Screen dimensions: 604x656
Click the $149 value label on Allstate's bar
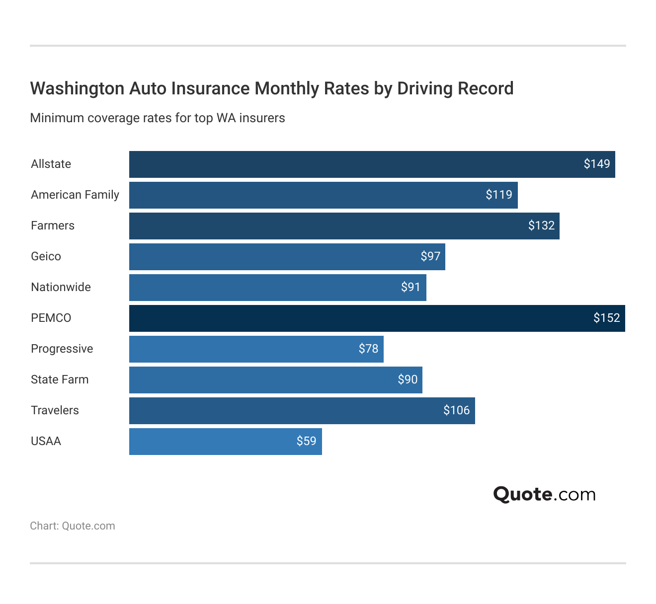point(596,164)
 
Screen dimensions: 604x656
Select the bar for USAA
point(225,442)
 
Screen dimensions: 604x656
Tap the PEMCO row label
point(51,318)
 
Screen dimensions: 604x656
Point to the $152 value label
point(606,318)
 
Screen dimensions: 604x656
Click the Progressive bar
point(256,349)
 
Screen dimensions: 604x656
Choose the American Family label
point(75,195)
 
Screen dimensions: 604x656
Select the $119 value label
point(498,195)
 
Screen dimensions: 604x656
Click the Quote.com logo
point(544,494)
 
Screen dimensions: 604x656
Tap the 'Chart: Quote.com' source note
point(73,526)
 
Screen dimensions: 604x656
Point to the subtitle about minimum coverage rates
point(158,118)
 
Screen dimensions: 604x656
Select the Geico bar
point(287,257)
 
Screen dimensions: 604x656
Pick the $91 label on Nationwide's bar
point(410,287)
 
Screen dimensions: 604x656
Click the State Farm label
point(60,379)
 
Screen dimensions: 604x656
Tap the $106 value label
point(456,410)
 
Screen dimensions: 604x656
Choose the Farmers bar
point(344,226)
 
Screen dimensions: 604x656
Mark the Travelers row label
point(55,410)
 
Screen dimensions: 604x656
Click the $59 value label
point(306,441)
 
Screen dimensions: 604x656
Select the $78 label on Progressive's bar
point(368,349)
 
